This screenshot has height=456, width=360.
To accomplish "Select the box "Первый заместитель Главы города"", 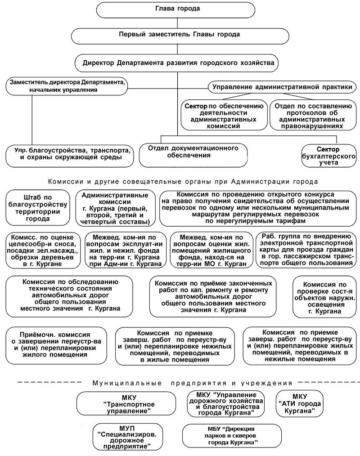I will point(179,34).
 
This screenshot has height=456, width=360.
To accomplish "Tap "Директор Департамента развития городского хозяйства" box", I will point(179,62).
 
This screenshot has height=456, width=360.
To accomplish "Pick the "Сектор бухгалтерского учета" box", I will point(328,156).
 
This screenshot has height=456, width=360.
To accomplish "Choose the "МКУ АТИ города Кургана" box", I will point(299,403).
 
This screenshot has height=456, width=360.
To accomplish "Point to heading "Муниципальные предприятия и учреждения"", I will point(193,383).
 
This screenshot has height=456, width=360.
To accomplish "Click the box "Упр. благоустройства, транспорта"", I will point(70,154).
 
